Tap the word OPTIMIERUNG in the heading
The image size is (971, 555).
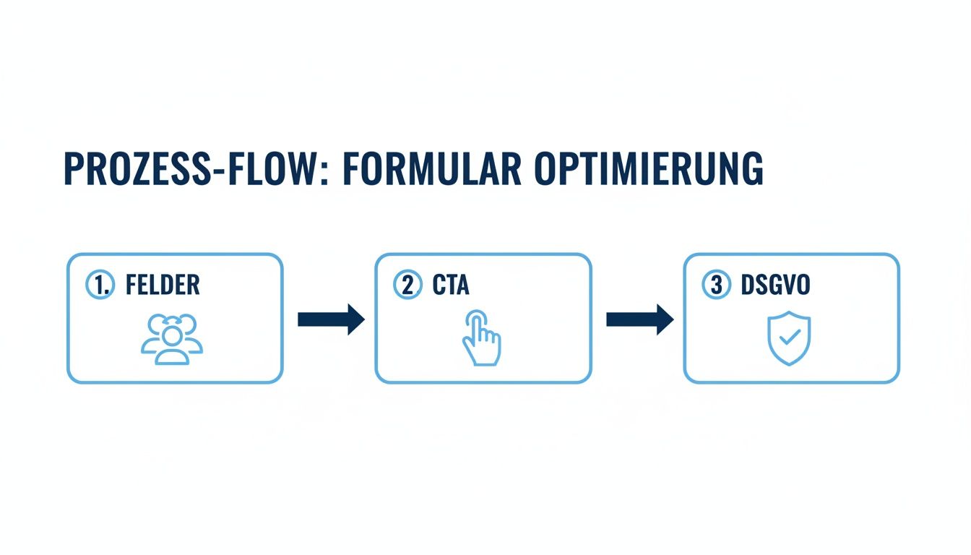click(648, 169)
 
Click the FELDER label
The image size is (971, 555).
click(163, 285)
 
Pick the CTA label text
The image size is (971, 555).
click(451, 285)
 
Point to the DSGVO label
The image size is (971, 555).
click(775, 285)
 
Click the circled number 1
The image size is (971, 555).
click(100, 285)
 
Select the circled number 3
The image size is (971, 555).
click(716, 285)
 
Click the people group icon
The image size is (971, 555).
click(172, 339)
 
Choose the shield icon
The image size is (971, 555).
click(789, 337)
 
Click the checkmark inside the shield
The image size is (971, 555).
click(790, 336)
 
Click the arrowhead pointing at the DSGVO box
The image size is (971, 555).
click(664, 319)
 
